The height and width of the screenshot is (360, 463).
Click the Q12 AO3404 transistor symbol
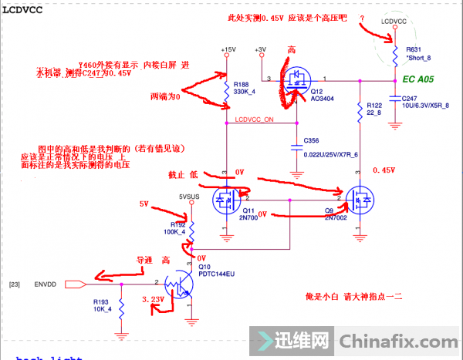tap(297, 79)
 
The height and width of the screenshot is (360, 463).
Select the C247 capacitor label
tap(410, 98)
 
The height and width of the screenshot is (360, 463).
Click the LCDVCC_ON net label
tap(253, 120)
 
